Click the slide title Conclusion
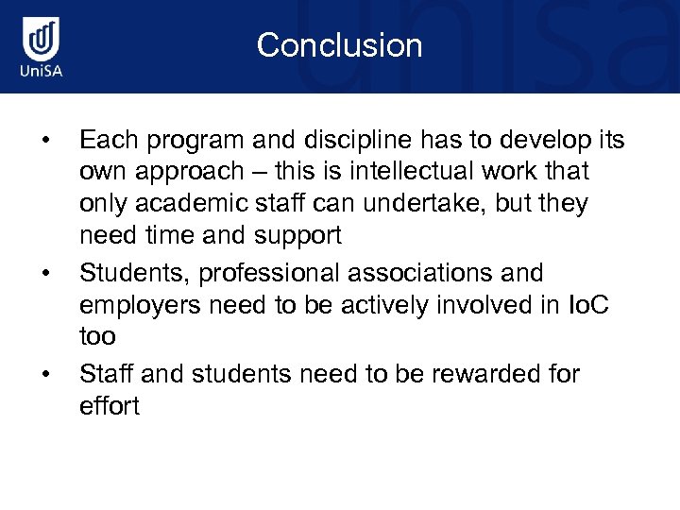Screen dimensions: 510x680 (339, 45)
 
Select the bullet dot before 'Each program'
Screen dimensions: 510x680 (44, 142)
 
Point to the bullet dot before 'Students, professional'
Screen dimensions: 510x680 (44, 274)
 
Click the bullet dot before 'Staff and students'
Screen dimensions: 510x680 (44, 375)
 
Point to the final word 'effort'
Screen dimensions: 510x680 (110, 406)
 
